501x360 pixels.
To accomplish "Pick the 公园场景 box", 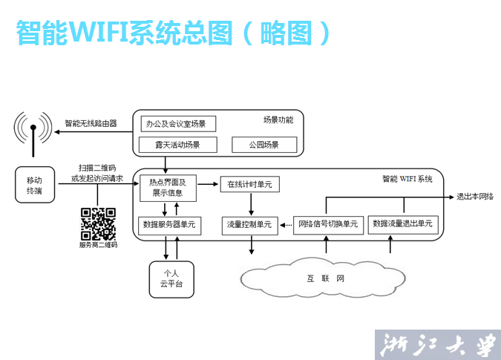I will tap(263, 144).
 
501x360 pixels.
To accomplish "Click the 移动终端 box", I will tap(35, 185).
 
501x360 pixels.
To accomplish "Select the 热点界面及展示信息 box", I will tap(168, 188).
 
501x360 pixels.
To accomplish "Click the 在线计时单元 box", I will tap(250, 183).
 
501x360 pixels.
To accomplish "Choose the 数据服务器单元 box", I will tap(167, 223).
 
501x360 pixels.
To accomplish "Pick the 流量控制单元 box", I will tap(250, 223).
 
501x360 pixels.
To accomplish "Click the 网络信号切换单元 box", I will tap(327, 223).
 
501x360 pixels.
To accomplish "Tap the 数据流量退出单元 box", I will tap(402, 223).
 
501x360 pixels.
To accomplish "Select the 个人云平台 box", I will tap(171, 278).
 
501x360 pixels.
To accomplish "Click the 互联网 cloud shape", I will tap(324, 280).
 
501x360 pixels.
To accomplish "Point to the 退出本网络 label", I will tap(474, 197).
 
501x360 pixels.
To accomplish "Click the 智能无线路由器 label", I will tap(91, 123).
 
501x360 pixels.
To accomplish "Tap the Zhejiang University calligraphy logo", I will tap(437, 344).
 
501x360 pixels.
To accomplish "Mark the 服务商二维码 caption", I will tap(98, 244).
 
